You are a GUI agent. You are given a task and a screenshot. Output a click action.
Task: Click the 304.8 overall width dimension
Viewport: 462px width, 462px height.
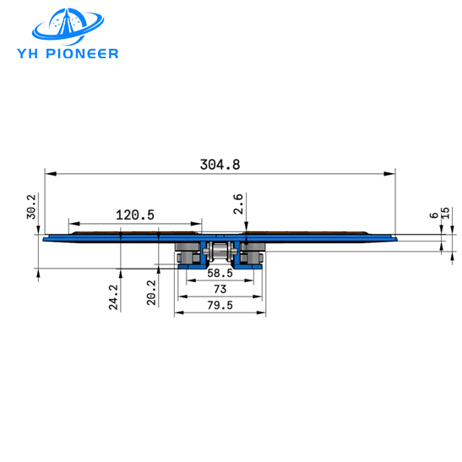220,165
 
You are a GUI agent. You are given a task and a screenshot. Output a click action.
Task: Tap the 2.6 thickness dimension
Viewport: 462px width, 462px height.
238,204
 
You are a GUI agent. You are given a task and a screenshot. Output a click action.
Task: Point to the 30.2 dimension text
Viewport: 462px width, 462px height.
31,207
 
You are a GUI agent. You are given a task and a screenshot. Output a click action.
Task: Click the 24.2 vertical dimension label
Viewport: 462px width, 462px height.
112,297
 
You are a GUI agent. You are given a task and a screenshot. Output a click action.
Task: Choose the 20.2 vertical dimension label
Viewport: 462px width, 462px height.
152,292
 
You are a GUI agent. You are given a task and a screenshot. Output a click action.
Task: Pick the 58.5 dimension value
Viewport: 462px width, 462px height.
220,274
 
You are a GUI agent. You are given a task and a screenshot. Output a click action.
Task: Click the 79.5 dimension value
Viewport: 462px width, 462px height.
220,304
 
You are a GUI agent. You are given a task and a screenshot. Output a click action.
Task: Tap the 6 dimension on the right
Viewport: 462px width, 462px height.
433,216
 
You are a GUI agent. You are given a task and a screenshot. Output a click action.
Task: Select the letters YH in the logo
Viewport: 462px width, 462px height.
44,53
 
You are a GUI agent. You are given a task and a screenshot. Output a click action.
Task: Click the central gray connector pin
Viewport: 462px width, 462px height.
220,252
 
